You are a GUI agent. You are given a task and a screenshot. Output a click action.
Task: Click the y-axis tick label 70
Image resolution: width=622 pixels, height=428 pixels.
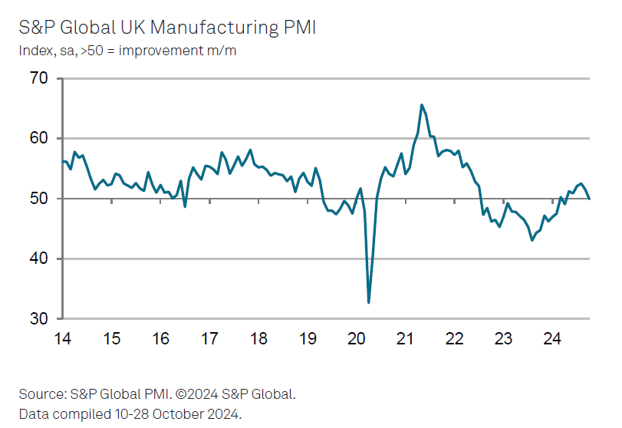[x=38, y=78]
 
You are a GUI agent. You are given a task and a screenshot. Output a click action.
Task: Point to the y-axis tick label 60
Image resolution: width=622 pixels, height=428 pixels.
[x=38, y=139]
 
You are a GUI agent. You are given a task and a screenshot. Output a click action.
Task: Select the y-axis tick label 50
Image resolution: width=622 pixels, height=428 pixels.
[x=38, y=199]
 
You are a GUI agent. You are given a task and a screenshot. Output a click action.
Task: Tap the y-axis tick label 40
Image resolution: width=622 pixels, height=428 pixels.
[x=38, y=259]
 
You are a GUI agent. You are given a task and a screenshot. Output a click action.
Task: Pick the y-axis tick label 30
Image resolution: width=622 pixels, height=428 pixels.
[x=38, y=319]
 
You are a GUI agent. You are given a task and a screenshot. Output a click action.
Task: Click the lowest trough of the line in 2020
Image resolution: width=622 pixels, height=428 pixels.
[x=369, y=302]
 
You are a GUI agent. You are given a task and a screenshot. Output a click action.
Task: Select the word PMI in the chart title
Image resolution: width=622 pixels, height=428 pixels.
[x=298, y=28]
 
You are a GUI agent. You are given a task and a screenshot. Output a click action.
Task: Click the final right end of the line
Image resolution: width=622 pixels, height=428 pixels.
[x=589, y=199]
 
